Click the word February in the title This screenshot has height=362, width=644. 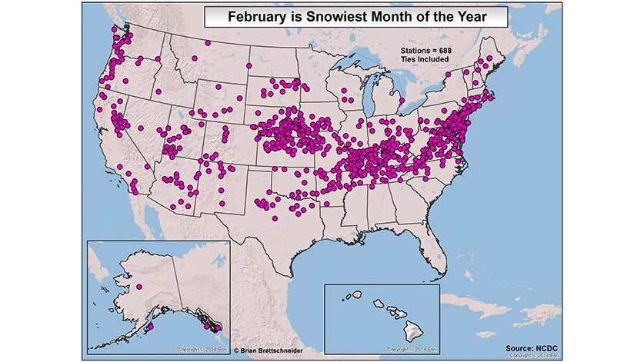point(245,15)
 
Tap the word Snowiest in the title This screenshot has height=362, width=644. point(315,15)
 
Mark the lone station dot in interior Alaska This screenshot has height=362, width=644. point(139,288)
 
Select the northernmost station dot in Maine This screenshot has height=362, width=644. point(483,58)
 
